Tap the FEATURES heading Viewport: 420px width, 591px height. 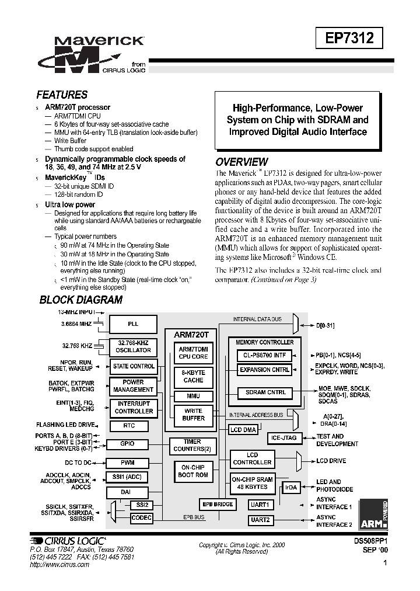pyautogui.click(x=62, y=95)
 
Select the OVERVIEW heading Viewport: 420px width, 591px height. pyautogui.click(x=242, y=162)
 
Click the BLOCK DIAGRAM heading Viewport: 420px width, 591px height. pyautogui.click(x=80, y=300)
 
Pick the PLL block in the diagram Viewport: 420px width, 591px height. pyautogui.click(x=133, y=324)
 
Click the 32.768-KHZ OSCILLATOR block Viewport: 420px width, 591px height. pyautogui.click(x=133, y=346)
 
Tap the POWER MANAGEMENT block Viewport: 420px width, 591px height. pyautogui.click(x=133, y=386)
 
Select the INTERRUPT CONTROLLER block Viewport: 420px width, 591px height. pyautogui.click(x=133, y=408)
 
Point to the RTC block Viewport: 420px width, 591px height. pyautogui.click(x=129, y=426)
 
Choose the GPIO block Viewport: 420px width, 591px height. pyautogui.click(x=127, y=444)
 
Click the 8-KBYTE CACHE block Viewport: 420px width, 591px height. pyautogui.click(x=193, y=376)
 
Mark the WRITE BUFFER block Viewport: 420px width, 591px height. pyautogui.click(x=193, y=415)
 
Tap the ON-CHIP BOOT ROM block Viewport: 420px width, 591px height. pyautogui.click(x=193, y=471)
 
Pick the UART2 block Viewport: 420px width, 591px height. pyautogui.click(x=259, y=519)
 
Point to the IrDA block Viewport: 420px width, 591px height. pyautogui.click(x=290, y=487)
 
